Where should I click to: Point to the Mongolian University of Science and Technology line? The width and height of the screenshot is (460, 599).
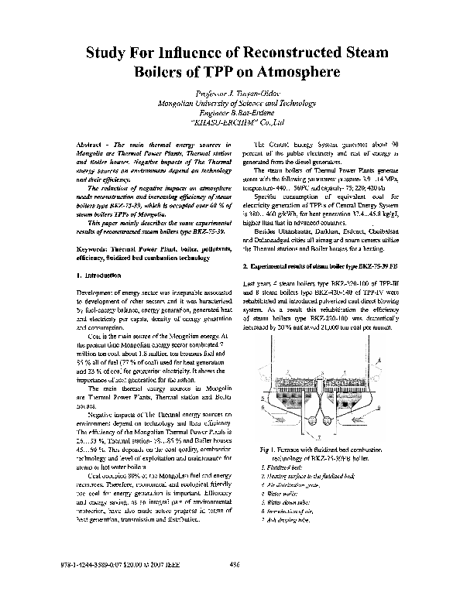coord(229,103)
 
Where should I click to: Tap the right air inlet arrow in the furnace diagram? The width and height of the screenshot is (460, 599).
coord(358,406)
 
